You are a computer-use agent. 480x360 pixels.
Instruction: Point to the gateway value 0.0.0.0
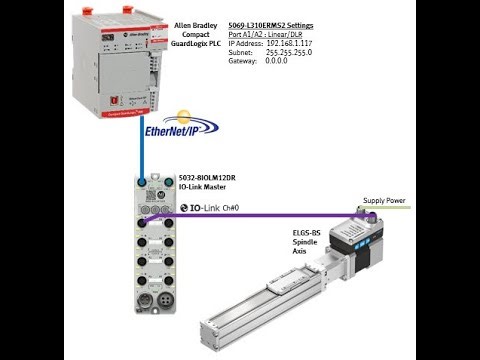(x=279, y=61)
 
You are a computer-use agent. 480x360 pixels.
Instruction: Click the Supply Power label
(x=383, y=201)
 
